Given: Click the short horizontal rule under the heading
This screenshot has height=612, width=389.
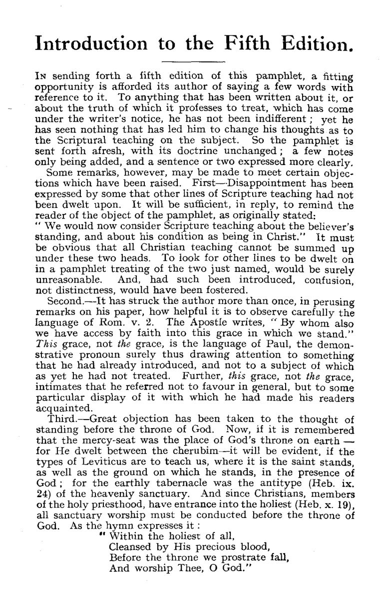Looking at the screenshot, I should click(194, 62).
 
